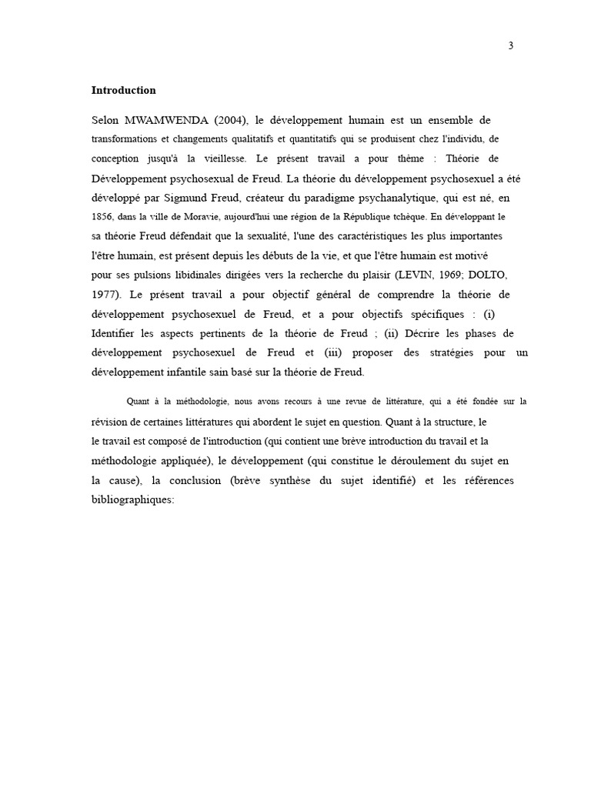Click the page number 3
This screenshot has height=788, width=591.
tap(510, 45)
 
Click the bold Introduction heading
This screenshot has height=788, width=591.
tap(123, 90)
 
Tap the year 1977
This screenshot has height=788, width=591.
tap(105, 295)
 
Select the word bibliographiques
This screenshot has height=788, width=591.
tap(133, 499)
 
